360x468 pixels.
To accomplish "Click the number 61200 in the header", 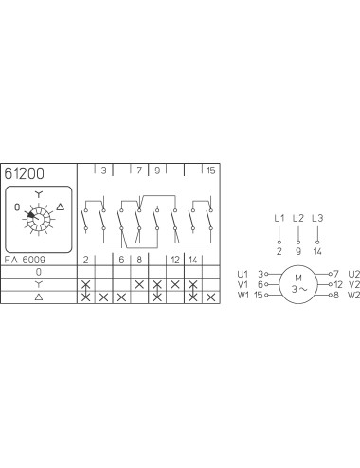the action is tap(24, 173).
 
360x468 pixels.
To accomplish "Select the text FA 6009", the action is tap(25, 260).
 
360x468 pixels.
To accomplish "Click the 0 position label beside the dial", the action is tap(17, 207).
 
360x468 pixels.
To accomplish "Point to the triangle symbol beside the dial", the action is tap(61, 207).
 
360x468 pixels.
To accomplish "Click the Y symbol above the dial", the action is tap(38, 194).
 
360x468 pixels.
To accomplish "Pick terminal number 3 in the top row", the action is tap(103, 171).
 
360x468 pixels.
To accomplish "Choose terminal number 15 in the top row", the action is tap(210, 171).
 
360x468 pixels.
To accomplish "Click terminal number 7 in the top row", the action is tap(139, 171).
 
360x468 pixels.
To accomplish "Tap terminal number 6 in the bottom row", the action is tap(121, 260).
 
